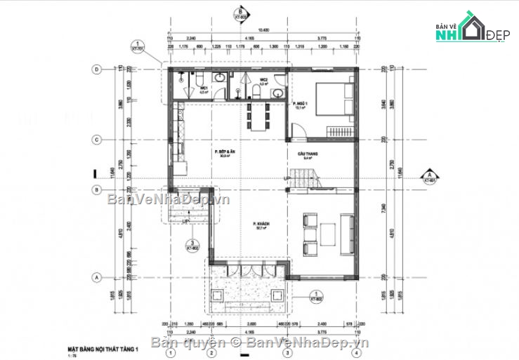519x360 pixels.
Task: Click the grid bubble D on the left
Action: tap(97, 69)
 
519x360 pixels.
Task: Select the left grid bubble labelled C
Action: tap(97, 140)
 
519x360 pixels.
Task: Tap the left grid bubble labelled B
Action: tap(97, 189)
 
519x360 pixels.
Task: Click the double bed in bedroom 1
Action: tap(330, 98)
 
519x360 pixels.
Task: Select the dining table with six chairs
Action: tap(258, 114)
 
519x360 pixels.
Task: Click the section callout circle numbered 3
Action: tap(190, 245)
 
